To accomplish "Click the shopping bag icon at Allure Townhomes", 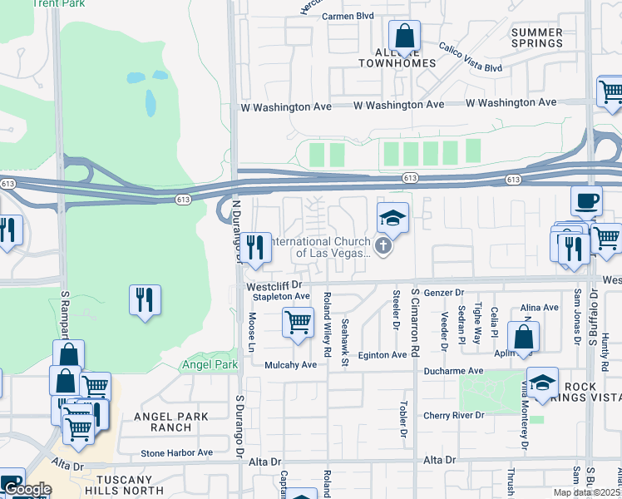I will coord(404,37).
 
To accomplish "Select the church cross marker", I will coord(383,245).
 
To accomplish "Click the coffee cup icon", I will coord(586,201).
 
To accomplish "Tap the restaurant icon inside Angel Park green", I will coord(146,299).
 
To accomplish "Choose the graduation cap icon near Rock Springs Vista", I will coord(542,383).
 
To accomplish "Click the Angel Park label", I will coord(204,364).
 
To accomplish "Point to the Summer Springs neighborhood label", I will coord(537,37).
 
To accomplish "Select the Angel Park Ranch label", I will coord(160,421).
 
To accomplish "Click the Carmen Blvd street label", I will coord(348,16).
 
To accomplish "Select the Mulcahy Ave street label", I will coord(291,364).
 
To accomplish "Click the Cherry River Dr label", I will coord(452,415).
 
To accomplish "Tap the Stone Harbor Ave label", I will coord(176,452).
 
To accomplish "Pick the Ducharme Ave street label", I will coord(452,371).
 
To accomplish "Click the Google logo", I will coord(27,489).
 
